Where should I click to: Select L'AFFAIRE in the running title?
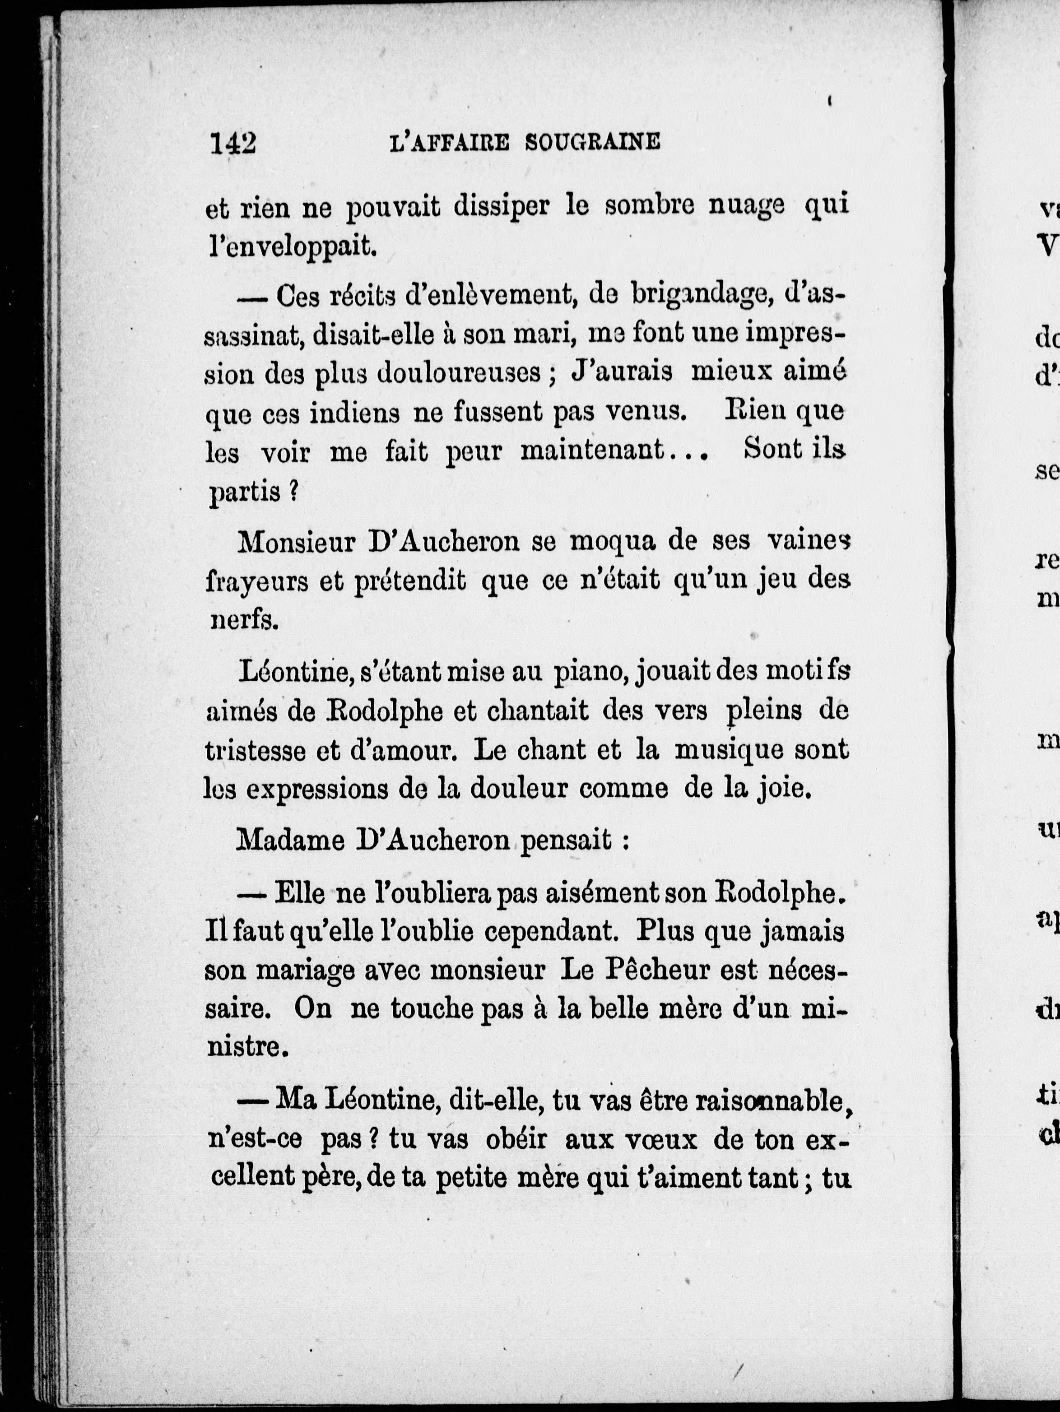tap(449, 142)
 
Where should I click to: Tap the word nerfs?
tap(244, 621)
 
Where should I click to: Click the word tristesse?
tap(256, 751)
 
